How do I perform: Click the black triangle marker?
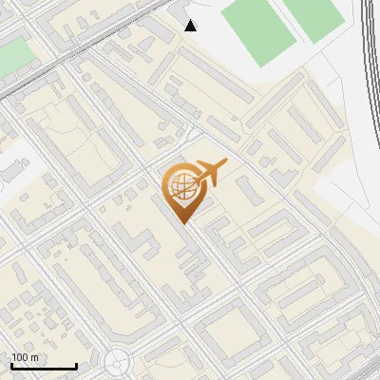[191, 26]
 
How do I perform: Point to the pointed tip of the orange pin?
[184, 223]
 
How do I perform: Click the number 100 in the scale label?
[21, 357]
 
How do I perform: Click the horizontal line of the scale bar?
[43, 367]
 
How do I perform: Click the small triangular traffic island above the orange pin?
[192, 135]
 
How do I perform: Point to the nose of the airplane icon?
[225, 165]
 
